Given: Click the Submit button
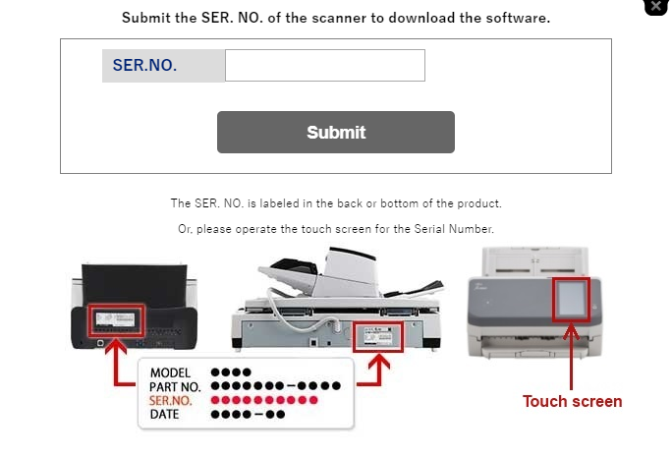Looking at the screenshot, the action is [x=336, y=132].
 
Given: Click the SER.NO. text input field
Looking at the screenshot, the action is [x=325, y=65].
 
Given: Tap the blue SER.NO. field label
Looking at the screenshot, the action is [x=144, y=65].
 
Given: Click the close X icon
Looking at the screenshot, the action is [x=655, y=6].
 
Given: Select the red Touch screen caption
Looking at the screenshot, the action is [x=572, y=401].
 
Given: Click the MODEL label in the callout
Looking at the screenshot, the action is [x=170, y=372].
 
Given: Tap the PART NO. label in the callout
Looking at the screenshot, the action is [x=175, y=387].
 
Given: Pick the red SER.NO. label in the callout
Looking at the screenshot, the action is [x=171, y=401].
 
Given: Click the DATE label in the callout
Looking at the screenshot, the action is [x=165, y=414].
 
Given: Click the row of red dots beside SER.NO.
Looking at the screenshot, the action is [x=264, y=400].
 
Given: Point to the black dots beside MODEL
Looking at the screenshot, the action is [x=231, y=372].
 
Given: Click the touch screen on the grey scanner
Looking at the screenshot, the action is [x=571, y=300].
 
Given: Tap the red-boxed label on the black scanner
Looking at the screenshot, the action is [x=116, y=320].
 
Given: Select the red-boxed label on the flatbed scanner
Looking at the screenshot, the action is [x=378, y=337].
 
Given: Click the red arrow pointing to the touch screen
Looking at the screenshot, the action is [x=571, y=357].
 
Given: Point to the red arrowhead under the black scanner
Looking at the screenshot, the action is [x=116, y=346].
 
